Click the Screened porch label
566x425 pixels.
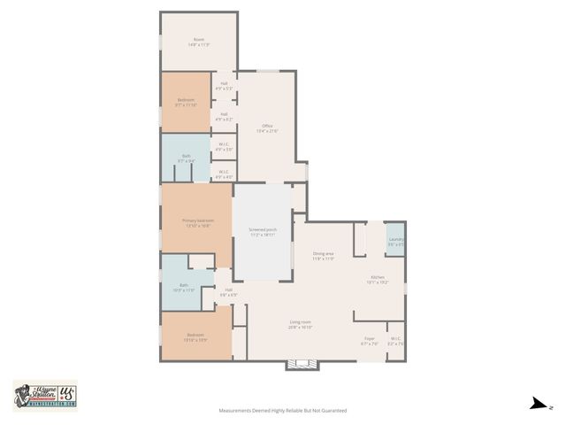pos(262,231)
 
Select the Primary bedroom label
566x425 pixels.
pos(197,222)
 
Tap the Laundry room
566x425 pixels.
pos(395,241)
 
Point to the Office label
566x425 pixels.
pos(267,127)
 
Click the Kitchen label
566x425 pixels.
pos(378,281)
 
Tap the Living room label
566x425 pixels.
pos(301,324)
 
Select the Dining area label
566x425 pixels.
pos(323,256)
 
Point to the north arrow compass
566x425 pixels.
pos(536,405)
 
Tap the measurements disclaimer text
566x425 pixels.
pos(282,411)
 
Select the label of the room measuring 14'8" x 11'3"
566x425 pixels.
pos(199,40)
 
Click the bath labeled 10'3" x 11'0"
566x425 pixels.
pos(185,287)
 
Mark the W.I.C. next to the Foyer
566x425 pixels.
pos(395,340)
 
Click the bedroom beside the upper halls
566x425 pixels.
pos(186,102)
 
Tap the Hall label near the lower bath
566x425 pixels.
pos(228,291)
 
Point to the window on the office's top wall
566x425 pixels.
pos(268,72)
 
